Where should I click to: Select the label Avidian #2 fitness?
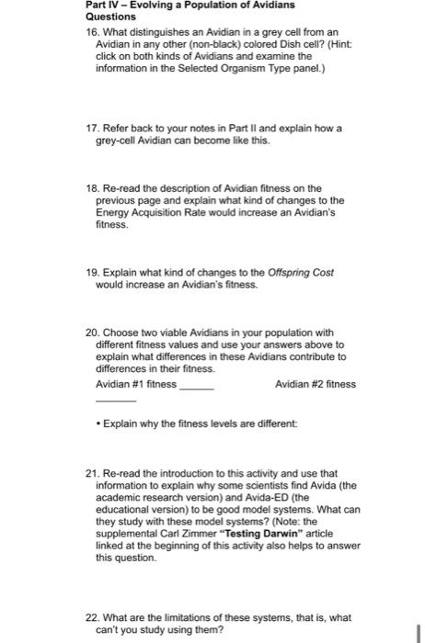coord(316,383)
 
